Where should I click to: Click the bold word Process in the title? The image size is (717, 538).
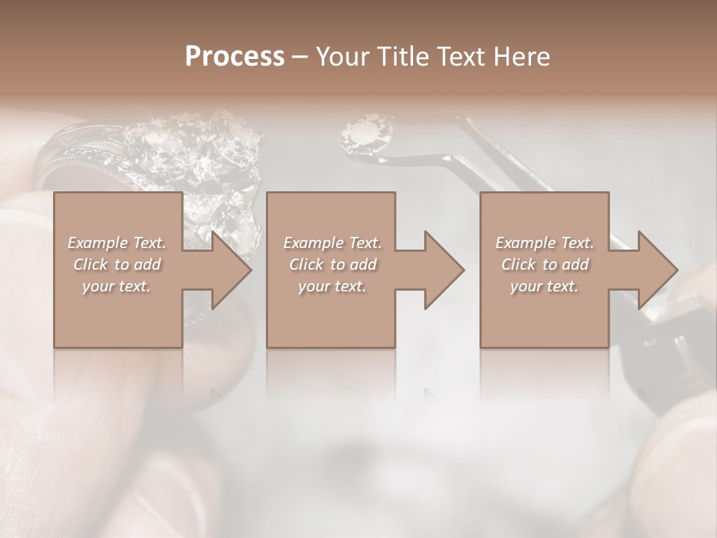(235, 57)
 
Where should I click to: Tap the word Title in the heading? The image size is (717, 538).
(400, 57)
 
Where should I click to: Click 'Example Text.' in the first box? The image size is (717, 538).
(117, 243)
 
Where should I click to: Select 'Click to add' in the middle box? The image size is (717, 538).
(332, 265)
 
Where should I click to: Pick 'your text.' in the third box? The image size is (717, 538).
(544, 286)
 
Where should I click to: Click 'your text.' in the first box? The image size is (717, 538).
(117, 286)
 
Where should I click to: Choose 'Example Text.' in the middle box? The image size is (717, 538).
(332, 243)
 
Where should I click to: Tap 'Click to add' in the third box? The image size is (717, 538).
(544, 265)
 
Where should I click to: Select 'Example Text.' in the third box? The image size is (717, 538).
(544, 243)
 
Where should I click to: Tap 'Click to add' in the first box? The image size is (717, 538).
(117, 265)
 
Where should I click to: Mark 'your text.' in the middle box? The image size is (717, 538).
(332, 286)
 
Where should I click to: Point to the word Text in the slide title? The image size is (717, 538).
(462, 57)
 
